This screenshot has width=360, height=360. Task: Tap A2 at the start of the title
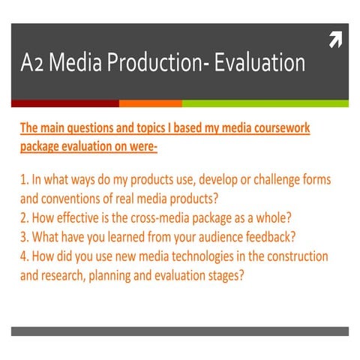pyautogui.click(x=33, y=64)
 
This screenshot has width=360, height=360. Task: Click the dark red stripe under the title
pyautogui.click(x=64, y=103)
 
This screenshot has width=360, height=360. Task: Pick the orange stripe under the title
pyautogui.click(x=150, y=103)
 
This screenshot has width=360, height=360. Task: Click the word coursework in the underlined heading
pyautogui.click(x=280, y=128)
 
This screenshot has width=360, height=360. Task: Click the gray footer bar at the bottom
pyautogui.click(x=180, y=331)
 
